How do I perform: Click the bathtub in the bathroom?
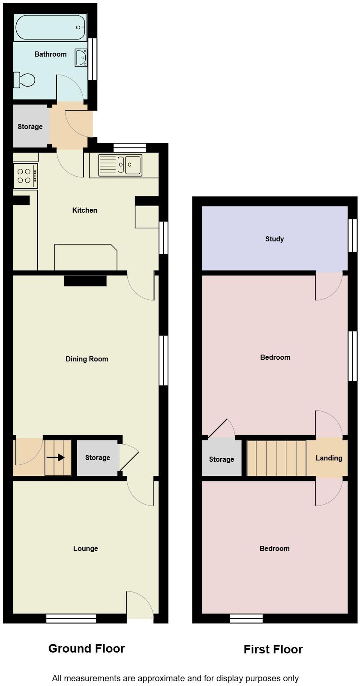coord(51,27)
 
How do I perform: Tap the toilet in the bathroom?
coord(24,80)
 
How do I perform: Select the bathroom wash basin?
coord(81,57)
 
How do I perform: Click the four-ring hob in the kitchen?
coord(25,176)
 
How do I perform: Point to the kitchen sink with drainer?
coord(120,165)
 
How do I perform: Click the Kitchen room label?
coord(85,210)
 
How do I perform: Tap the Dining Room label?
coord(87,359)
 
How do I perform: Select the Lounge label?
coord(85,548)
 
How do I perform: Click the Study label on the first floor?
coord(275,239)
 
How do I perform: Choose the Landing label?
coord(329,458)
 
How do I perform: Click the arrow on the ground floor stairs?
coord(55,457)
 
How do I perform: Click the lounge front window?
coord(71,618)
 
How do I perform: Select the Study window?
coord(353,235)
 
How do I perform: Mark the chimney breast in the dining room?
coord(85,280)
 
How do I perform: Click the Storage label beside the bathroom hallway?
coord(30,126)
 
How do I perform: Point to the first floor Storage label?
coord(222,459)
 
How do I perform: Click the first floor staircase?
coord(276,458)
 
